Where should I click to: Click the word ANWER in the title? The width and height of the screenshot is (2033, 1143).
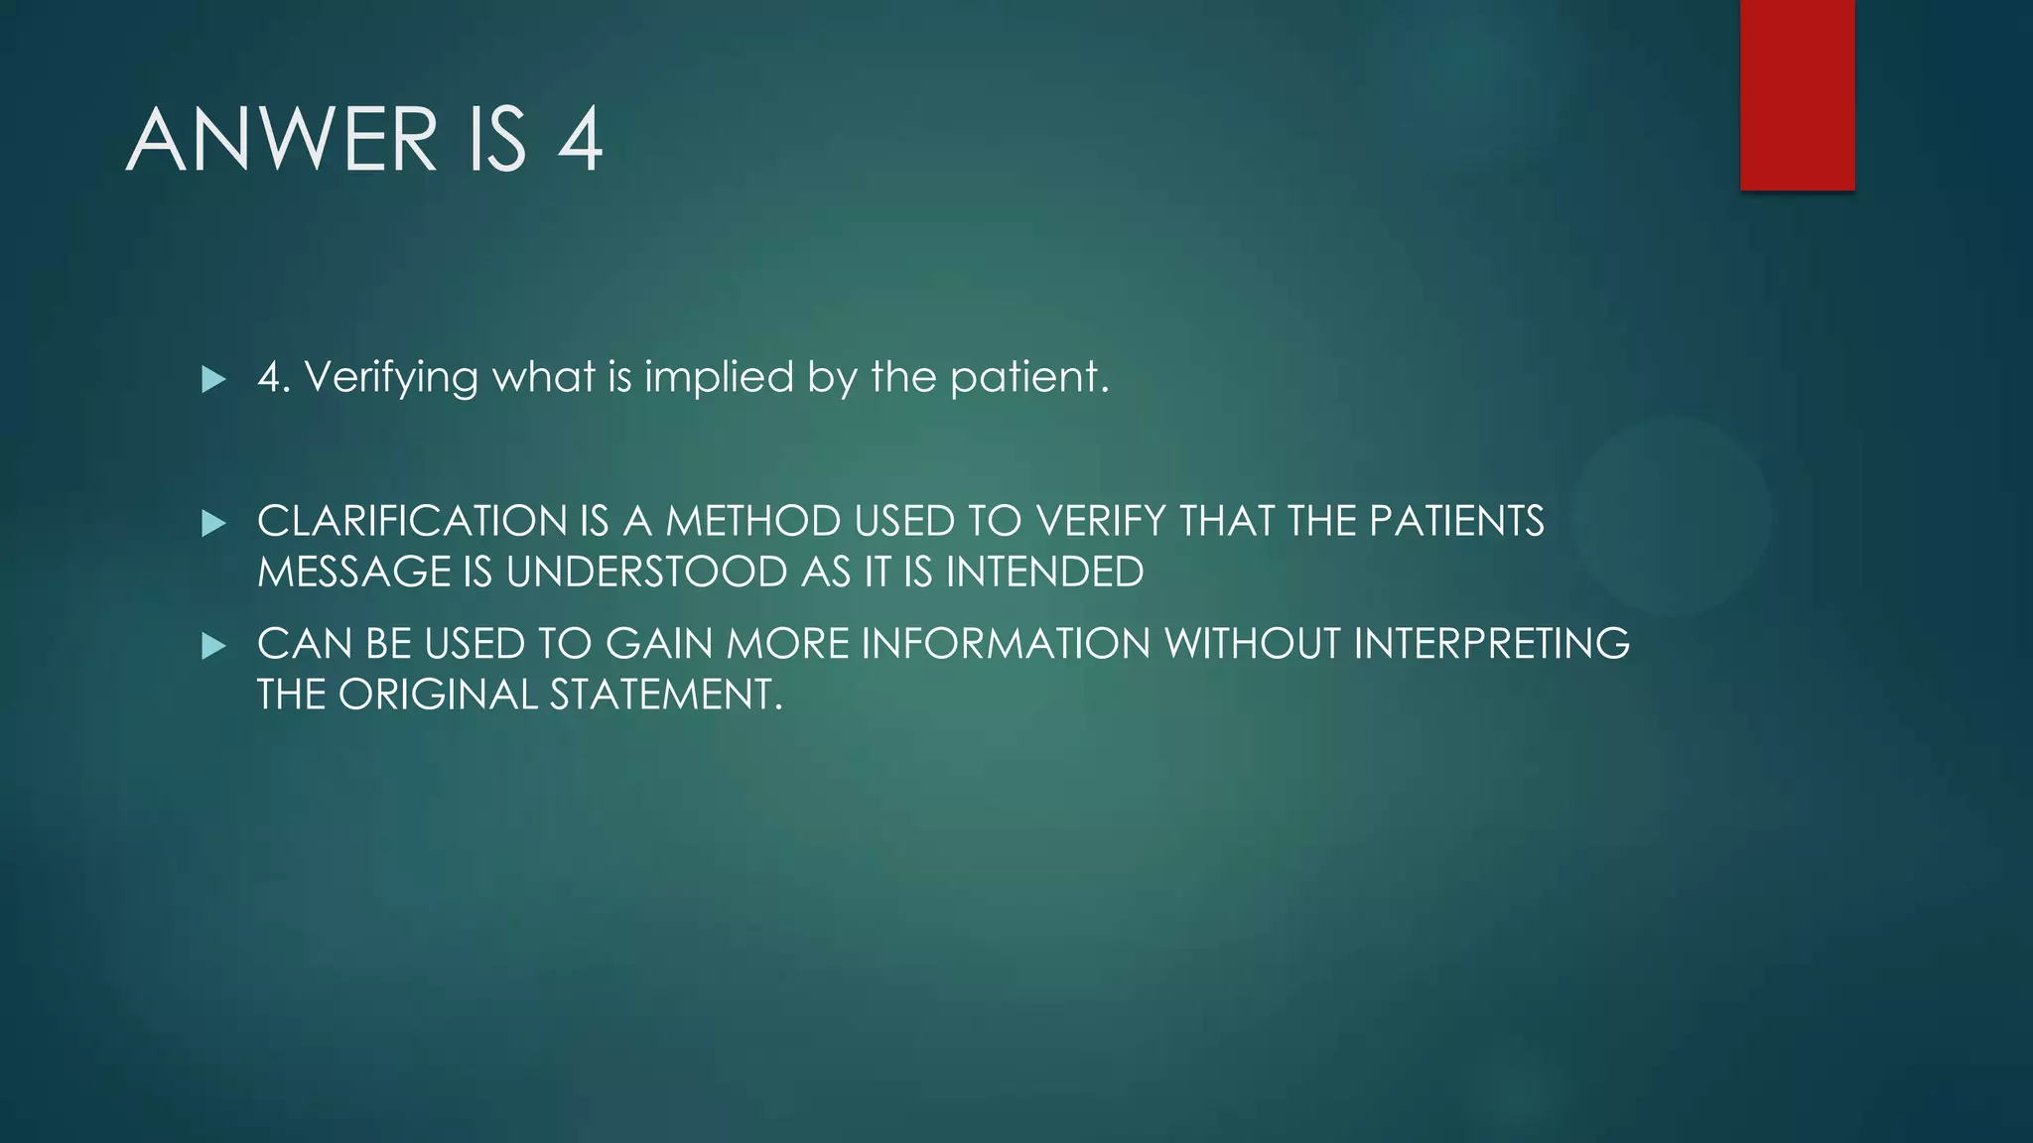(282, 140)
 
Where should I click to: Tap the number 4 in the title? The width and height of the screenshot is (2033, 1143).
(580, 140)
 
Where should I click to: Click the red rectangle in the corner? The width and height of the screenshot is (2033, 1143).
(1797, 95)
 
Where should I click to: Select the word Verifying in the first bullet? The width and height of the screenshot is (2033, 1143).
(391, 378)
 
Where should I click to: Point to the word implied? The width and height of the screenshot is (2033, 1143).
(720, 378)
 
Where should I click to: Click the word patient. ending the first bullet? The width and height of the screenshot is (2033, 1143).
(1028, 378)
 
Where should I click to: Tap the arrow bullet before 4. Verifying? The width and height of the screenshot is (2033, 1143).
(213, 379)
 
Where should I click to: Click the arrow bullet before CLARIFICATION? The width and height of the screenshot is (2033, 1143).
(213, 523)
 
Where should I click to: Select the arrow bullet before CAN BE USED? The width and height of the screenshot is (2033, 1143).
(213, 647)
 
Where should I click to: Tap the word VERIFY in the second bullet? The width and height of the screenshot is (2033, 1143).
(1100, 522)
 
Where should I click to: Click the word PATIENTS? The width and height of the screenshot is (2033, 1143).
(1456, 522)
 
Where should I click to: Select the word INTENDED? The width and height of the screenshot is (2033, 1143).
(1044, 572)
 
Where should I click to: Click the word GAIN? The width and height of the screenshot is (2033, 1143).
(660, 644)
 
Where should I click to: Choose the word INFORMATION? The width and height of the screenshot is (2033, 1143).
(1006, 644)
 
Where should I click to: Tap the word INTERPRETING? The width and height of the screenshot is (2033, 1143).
(1491, 644)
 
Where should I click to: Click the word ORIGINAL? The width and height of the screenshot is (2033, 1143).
(438, 695)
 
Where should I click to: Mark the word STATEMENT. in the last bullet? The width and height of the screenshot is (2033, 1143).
(666, 695)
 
